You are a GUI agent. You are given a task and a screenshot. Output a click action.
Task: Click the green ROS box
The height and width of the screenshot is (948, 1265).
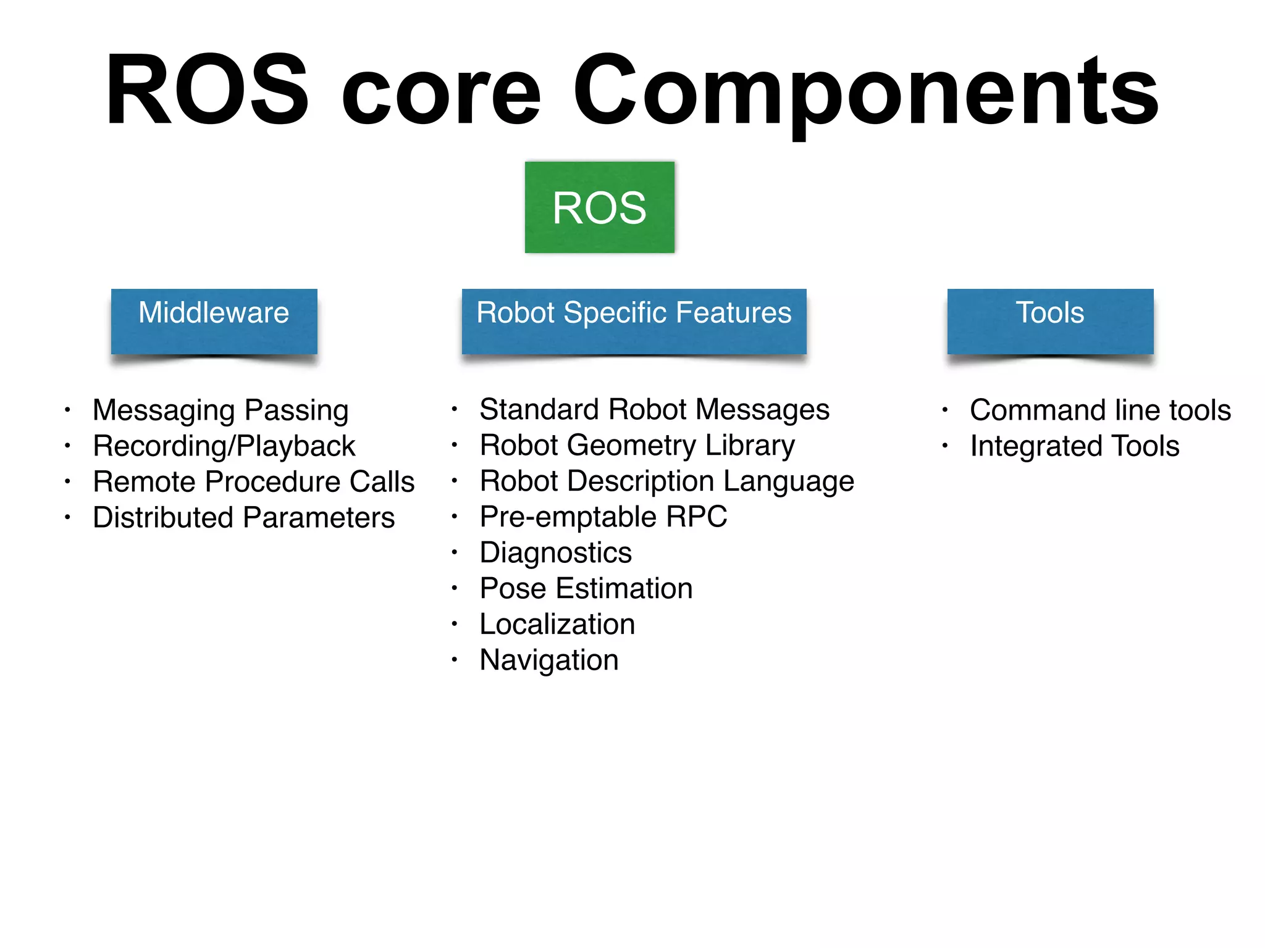click(x=599, y=207)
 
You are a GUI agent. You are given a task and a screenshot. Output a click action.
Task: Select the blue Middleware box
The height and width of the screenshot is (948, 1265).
click(x=214, y=321)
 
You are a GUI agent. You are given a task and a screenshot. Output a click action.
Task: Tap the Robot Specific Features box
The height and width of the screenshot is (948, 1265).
click(x=634, y=321)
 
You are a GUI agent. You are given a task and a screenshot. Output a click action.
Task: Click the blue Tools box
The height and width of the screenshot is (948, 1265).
click(x=1050, y=321)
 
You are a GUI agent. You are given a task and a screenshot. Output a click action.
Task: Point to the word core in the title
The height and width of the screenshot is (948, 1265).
click(x=440, y=93)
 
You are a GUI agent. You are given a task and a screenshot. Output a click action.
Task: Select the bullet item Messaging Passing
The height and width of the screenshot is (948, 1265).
click(x=221, y=410)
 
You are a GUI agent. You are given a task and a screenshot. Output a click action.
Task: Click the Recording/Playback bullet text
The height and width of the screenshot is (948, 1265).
click(x=224, y=446)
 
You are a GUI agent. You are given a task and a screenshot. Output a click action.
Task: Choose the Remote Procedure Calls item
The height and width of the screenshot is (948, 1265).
click(x=253, y=482)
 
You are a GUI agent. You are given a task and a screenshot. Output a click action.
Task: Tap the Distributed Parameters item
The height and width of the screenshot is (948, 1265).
click(x=243, y=518)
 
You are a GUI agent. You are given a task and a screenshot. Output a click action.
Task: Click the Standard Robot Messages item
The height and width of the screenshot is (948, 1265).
click(x=654, y=410)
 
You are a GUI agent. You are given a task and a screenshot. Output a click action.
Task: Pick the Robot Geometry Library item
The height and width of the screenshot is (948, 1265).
click(x=637, y=446)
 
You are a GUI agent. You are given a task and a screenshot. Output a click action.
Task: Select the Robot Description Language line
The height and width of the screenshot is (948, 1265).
click(x=666, y=481)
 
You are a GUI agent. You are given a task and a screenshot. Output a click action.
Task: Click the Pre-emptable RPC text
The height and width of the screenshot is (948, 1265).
click(x=603, y=517)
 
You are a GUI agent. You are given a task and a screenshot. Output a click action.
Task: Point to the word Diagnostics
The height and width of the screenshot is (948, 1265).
click(x=555, y=553)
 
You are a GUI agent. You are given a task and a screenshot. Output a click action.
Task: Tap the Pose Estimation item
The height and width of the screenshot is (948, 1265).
click(x=586, y=589)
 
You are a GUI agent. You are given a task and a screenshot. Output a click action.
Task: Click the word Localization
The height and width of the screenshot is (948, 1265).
click(x=557, y=625)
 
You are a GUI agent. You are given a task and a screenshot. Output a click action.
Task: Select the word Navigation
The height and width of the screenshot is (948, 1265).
click(x=548, y=660)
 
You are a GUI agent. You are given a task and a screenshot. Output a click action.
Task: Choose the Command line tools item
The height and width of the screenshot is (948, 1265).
click(x=1099, y=410)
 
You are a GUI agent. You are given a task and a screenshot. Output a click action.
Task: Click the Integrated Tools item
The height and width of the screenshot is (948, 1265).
click(x=1074, y=446)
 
